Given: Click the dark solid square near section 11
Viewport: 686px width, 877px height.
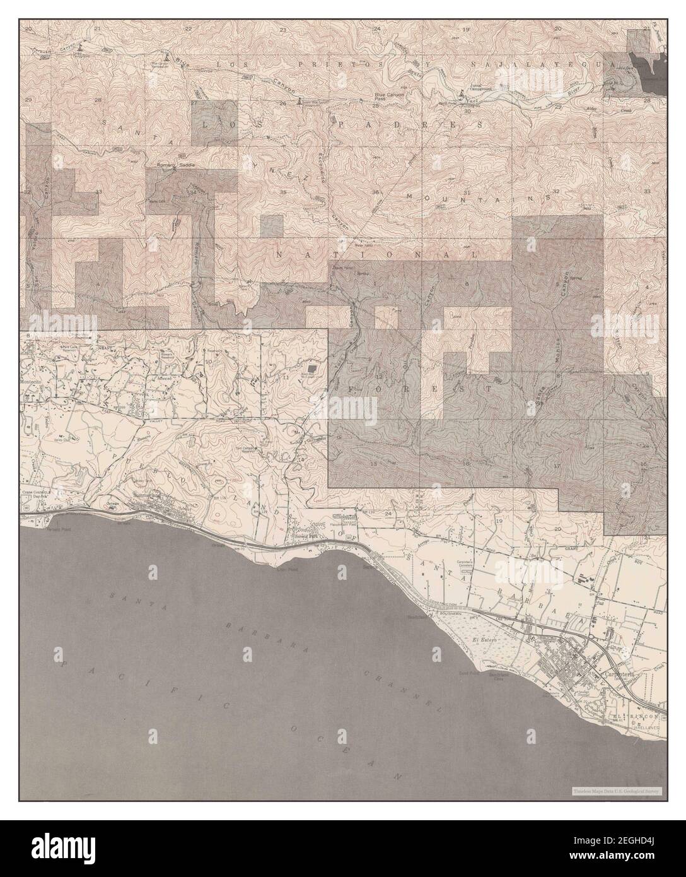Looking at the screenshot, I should (311, 367).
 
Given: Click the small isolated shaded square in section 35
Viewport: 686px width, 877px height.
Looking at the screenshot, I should (272, 225).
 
